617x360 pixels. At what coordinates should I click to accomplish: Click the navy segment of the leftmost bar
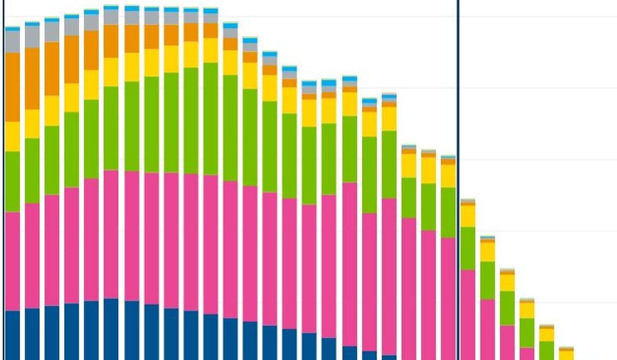pyautogui.click(x=12, y=335)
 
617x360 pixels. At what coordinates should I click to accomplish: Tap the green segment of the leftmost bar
pyautogui.click(x=12, y=181)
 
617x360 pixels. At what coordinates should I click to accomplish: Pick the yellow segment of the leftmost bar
pyautogui.click(x=12, y=136)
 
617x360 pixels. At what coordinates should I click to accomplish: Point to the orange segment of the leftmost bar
pyautogui.click(x=12, y=87)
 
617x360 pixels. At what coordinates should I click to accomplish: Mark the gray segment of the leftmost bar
pyautogui.click(x=12, y=41)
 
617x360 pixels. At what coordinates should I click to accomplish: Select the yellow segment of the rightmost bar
pyautogui.click(x=566, y=354)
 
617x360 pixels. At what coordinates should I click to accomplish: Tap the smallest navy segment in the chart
pyautogui.click(x=389, y=357)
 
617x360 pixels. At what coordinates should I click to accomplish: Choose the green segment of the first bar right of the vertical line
pyautogui.click(x=467, y=248)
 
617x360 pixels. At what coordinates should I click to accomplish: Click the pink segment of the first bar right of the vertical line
pyautogui.click(x=467, y=314)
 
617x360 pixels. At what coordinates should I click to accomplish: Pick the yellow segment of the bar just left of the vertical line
pyautogui.click(x=448, y=176)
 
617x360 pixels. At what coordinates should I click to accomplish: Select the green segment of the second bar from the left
pyautogui.click(x=32, y=170)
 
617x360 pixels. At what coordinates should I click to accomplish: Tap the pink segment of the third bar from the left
pyautogui.click(x=52, y=250)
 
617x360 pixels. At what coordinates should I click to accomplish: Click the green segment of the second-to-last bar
pyautogui.click(x=547, y=350)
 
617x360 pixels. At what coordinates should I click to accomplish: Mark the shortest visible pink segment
pyautogui.click(x=527, y=353)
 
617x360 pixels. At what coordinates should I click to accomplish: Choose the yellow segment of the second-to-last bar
pyautogui.click(x=547, y=334)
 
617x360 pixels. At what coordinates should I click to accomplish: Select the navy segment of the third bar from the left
pyautogui.click(x=52, y=332)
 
